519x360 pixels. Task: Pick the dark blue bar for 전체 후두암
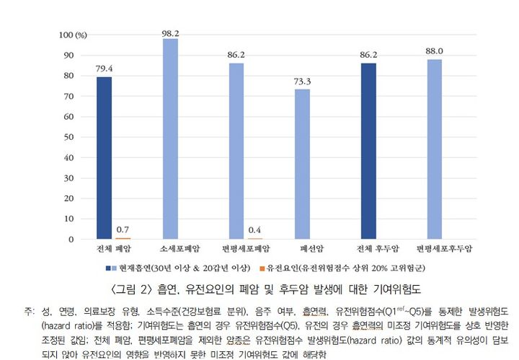pyautogui.click(x=369, y=151)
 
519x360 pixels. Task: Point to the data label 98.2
pyautogui.click(x=170, y=32)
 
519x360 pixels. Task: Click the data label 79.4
pyautogui.click(x=104, y=70)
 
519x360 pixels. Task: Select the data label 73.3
pyautogui.click(x=302, y=82)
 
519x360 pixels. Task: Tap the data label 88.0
pyautogui.click(x=435, y=51)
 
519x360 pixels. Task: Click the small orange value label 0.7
pyautogui.click(x=123, y=230)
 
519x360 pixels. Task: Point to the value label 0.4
pyautogui.click(x=254, y=231)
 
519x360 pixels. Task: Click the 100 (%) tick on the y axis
pyautogui.click(x=73, y=35)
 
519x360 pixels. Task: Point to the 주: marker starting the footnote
pyautogui.click(x=29, y=312)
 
